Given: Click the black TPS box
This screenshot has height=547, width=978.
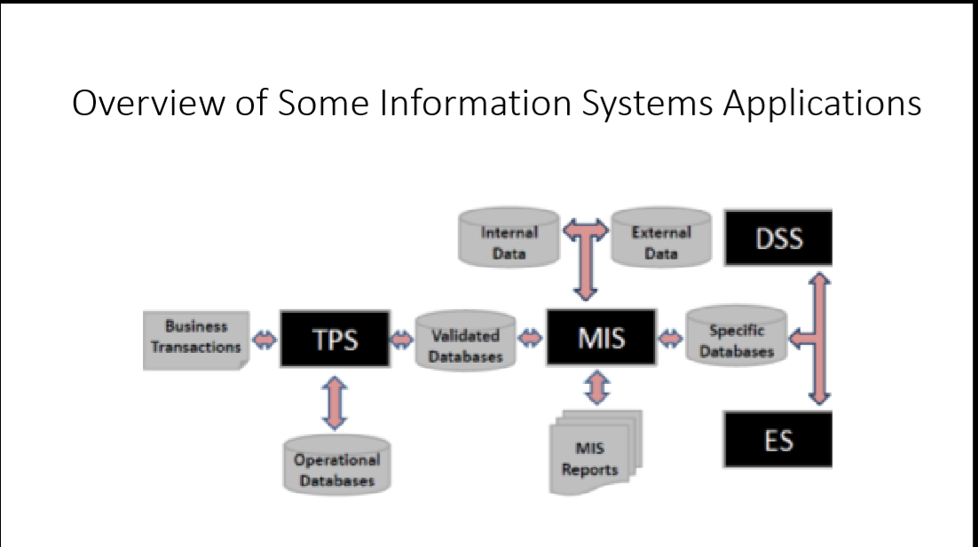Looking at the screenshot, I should pos(335,338).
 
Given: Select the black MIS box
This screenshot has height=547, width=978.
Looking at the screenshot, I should pos(601,337).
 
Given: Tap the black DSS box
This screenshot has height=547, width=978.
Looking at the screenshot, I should pos(777,238).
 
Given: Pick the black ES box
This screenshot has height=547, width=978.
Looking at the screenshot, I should pos(777,439).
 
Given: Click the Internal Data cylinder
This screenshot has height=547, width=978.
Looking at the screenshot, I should pos(509,240).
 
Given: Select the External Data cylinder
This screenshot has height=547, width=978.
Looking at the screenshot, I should pos(661,240).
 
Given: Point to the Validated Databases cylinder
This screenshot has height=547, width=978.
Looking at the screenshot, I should pos(466,341).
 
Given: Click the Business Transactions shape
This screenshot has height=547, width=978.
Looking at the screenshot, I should pos(196,339).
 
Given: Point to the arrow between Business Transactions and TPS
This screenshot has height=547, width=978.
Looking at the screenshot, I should pos(264,340).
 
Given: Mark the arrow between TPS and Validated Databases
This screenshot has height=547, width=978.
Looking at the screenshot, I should pos(402,340).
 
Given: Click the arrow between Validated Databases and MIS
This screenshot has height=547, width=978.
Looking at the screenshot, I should pos(531,338).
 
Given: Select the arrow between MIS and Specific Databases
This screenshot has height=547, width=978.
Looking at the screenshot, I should pos(671,338).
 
